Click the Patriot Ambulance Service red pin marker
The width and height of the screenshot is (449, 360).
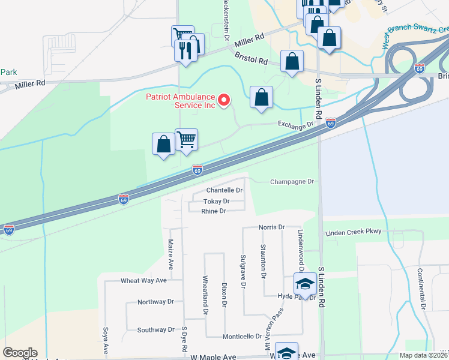point(224,100)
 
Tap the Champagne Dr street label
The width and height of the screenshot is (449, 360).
point(292,181)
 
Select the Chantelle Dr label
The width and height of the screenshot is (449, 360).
point(224,190)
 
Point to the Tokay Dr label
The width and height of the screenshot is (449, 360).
point(217,201)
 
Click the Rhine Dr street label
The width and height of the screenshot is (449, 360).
point(214,211)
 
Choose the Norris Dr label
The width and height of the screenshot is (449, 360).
point(271,227)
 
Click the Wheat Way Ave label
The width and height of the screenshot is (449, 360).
point(143,280)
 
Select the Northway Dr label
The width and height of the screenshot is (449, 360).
point(155,302)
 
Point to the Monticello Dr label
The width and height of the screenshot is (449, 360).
point(244,337)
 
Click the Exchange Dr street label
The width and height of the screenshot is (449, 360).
point(295,125)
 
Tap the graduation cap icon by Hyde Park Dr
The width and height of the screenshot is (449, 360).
point(306,284)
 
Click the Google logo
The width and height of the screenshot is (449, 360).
point(20,353)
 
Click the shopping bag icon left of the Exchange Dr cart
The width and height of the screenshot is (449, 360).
point(163,145)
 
